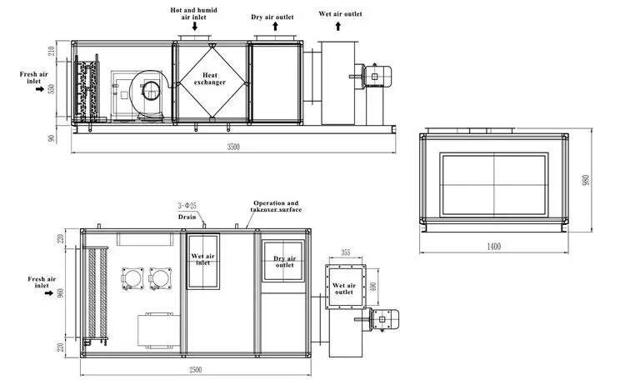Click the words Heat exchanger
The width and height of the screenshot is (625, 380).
click(210, 78)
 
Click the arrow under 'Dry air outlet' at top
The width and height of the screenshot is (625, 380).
click(273, 27)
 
